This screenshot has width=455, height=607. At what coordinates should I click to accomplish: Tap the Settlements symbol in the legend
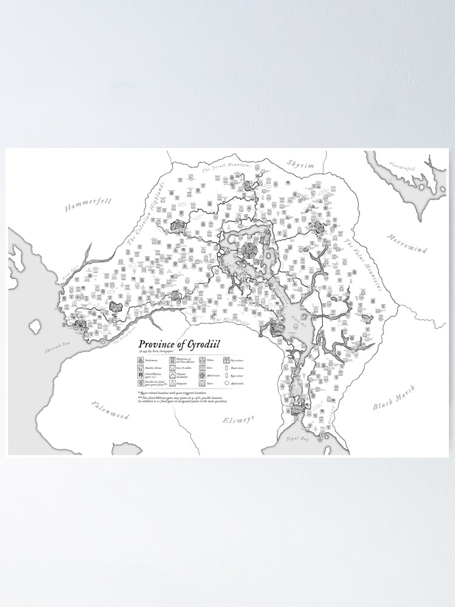point(140,360)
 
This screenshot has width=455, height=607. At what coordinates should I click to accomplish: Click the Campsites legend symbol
point(172,383)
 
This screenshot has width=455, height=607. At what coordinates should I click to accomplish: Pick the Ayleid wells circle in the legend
point(226,383)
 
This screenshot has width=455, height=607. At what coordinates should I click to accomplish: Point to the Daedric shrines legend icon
point(140,368)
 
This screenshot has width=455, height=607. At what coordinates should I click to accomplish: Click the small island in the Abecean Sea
point(35,327)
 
